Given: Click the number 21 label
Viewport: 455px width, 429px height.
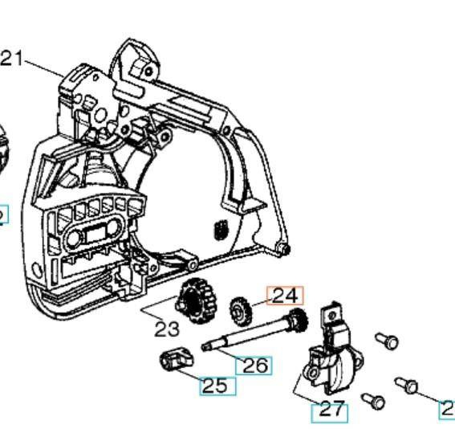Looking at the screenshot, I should point(14,59).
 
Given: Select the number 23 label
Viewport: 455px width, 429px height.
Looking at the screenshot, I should point(166,328).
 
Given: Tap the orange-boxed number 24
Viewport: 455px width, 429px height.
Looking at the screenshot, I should point(285,296).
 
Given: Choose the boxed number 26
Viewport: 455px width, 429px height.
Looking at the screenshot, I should point(254,366).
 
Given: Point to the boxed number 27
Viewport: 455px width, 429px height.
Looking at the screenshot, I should point(330,410).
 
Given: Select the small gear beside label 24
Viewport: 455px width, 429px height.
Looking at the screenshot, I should point(240,308).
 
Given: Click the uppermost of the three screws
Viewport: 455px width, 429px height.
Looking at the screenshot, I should point(388,341).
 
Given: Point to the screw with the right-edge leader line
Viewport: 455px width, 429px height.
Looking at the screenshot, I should point(408,386).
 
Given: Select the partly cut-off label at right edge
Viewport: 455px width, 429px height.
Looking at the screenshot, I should point(448,408).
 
